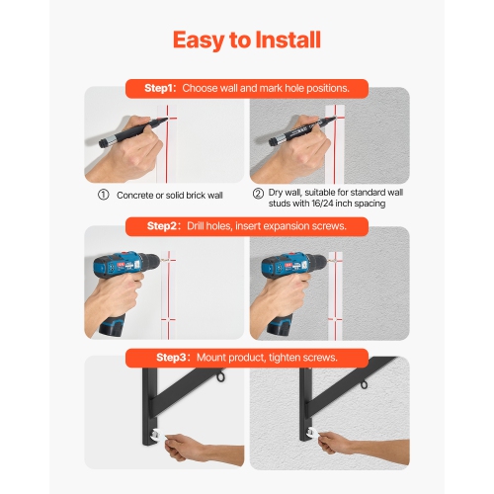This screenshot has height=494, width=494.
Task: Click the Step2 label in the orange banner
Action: pos(165,226)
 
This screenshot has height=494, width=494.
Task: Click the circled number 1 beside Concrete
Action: pos(103,195)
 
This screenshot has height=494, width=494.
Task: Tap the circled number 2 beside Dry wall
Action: pos(258,195)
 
